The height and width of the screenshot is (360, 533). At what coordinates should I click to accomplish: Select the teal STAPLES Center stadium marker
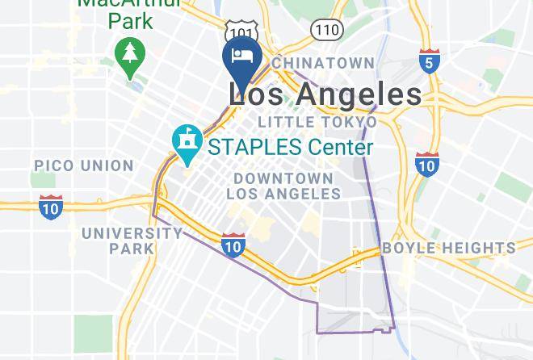click(187, 142)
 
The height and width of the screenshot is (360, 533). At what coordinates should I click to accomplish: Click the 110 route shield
click(326, 30)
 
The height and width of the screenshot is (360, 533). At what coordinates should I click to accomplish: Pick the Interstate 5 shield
click(429, 61)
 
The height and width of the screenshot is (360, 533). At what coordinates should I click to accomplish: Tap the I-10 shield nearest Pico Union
click(51, 206)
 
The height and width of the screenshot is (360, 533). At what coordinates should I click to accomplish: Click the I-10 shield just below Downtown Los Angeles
click(233, 245)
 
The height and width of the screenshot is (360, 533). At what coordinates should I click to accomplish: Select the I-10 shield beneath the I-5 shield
click(426, 165)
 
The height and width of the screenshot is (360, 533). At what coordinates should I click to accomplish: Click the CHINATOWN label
click(323, 63)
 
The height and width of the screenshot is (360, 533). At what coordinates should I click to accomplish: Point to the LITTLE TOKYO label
click(317, 122)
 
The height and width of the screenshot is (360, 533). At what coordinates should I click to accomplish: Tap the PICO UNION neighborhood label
click(83, 165)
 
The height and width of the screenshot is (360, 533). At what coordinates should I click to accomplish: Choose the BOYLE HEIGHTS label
click(448, 248)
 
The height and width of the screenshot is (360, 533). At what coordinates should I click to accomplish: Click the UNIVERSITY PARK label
click(132, 241)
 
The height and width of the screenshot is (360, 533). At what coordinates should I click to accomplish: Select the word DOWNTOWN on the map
click(283, 178)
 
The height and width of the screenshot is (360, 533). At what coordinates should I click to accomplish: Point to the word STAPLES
click(252, 148)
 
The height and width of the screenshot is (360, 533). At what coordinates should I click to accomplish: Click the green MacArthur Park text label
click(118, 11)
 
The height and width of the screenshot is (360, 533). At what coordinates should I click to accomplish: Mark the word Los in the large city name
click(255, 94)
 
